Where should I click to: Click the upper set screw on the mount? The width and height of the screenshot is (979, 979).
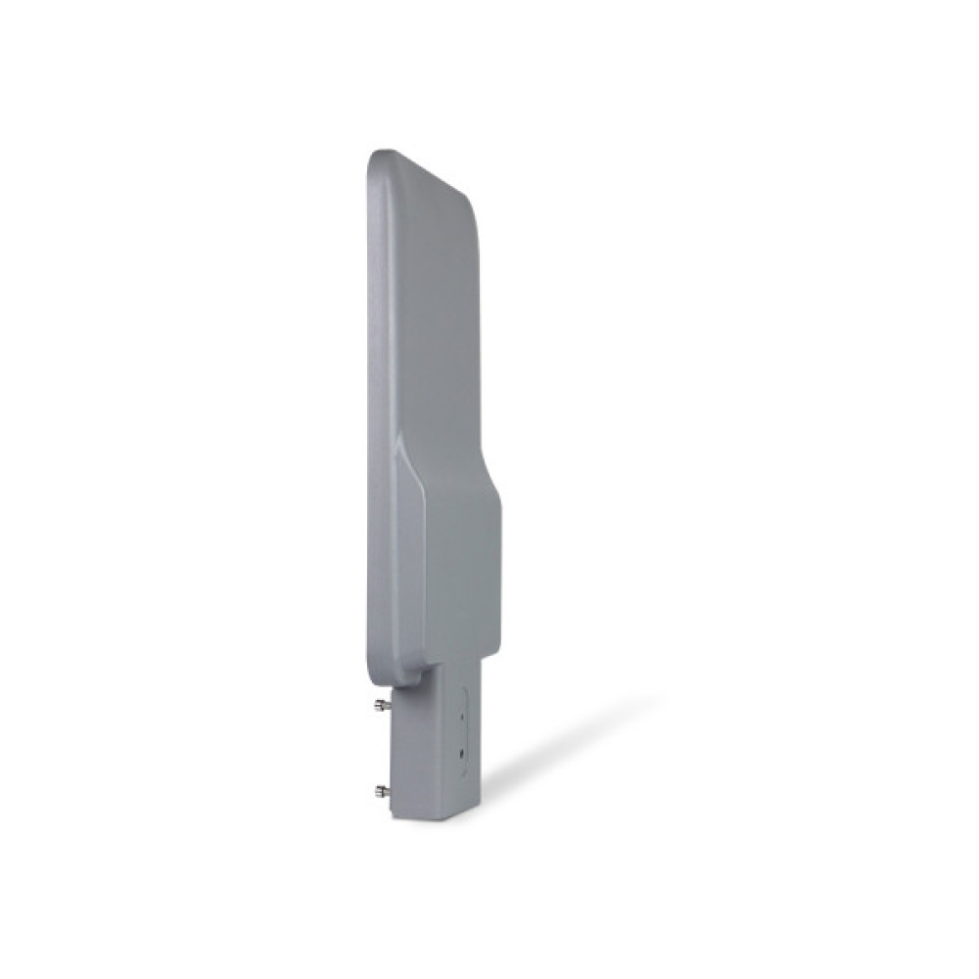tap(382, 703)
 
